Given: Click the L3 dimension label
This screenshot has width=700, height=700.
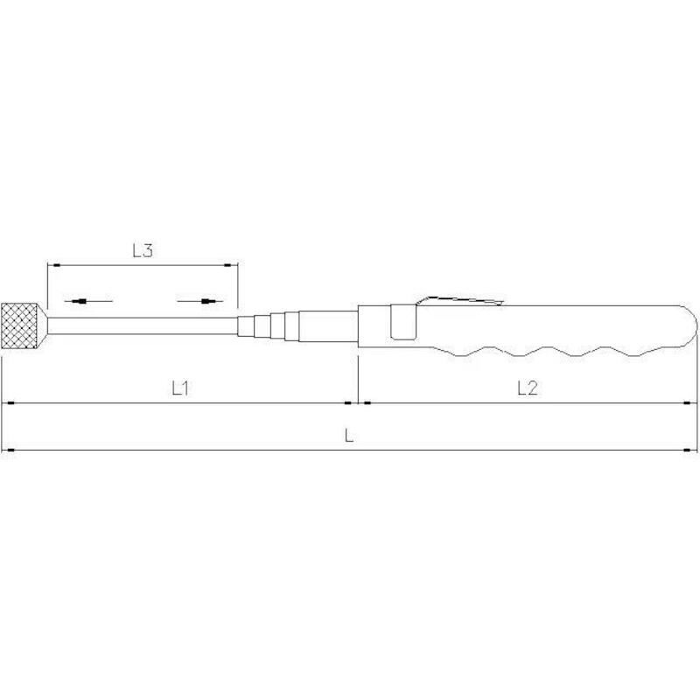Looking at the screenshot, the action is (143, 250).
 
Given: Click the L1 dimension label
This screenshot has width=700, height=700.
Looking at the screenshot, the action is (180, 388).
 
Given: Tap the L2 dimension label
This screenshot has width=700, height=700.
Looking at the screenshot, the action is (528, 388).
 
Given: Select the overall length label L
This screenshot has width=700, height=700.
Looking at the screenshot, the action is (349, 434).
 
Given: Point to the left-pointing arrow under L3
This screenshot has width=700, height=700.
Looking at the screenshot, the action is (88, 301).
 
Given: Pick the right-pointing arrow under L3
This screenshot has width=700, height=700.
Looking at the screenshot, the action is (200, 301).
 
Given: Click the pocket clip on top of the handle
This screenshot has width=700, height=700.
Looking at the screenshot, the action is (460, 300).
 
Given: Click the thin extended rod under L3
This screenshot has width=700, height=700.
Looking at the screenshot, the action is (143, 325).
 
